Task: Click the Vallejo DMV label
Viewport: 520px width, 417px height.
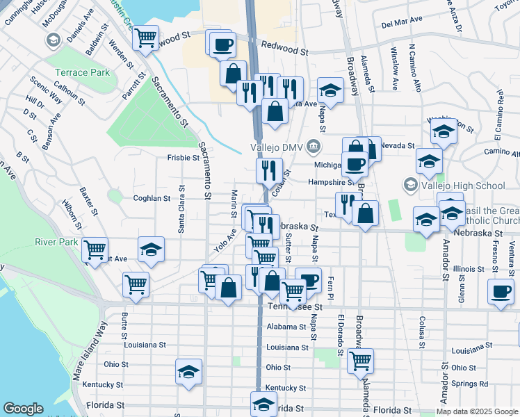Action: [277, 147]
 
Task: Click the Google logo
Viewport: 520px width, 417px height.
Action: [23, 409]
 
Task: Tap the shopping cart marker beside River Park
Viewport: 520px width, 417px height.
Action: [95, 249]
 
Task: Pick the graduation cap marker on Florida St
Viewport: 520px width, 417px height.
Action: [263, 403]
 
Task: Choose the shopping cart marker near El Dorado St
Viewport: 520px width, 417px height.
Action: [360, 360]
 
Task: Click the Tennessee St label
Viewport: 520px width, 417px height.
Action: [295, 306]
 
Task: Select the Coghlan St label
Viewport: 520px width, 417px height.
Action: [152, 198]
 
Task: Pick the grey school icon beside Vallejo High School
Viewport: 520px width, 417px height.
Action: [410, 186]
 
